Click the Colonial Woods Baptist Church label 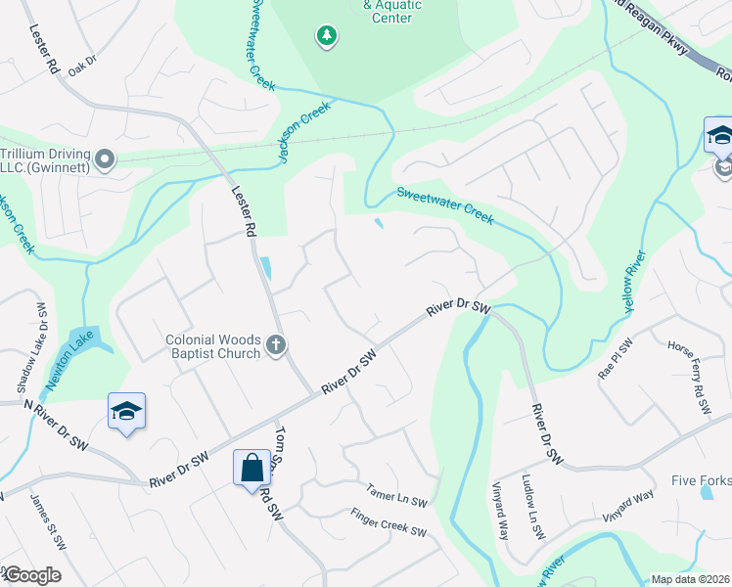tap(212, 347)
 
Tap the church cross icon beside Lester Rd tap(276, 345)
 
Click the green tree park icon tap(326, 37)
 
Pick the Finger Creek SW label tap(389, 522)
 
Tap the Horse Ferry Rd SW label tap(688, 378)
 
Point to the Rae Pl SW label tap(617, 364)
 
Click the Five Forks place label tap(701, 480)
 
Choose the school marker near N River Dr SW tap(127, 412)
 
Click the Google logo tap(31, 574)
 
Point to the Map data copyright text tap(690, 579)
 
